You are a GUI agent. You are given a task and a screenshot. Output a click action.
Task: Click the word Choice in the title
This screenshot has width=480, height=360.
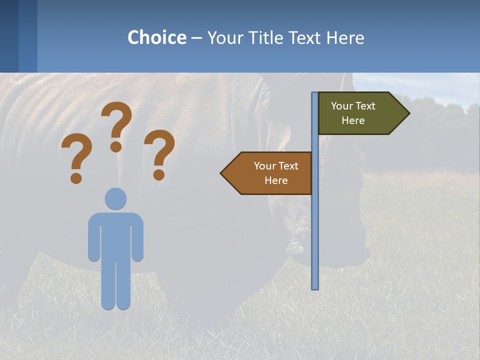click(156, 38)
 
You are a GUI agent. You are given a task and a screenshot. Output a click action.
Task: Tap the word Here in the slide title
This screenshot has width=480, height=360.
click(345, 38)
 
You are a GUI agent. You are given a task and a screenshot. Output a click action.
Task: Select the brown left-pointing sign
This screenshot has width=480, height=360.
click(270, 173)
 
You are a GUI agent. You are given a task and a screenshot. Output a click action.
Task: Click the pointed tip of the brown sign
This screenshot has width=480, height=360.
click(222, 173)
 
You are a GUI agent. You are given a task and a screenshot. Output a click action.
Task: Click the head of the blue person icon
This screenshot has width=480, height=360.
click(115, 198)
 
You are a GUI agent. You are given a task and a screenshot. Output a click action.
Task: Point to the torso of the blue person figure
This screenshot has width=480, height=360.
click(115, 235)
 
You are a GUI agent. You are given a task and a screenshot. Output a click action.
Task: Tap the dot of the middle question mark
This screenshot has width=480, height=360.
click(116, 146)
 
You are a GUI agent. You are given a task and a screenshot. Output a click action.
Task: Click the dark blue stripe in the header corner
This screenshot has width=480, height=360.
click(9, 36)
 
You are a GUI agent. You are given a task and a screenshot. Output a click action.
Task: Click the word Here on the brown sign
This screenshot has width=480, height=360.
click(276, 180)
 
